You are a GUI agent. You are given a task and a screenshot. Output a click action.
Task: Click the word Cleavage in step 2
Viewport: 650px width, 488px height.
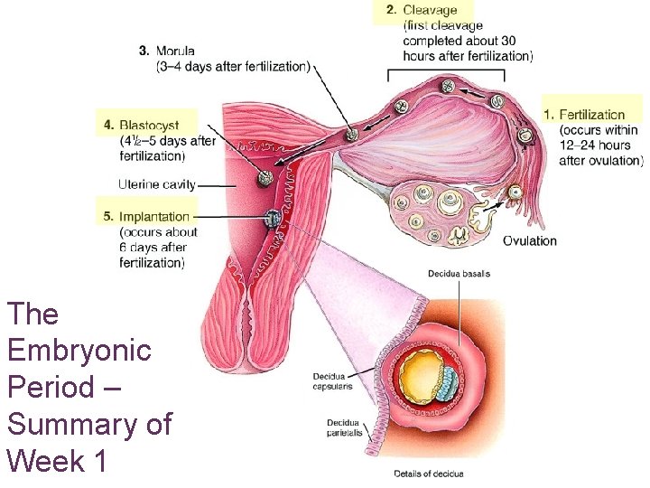point(430,10)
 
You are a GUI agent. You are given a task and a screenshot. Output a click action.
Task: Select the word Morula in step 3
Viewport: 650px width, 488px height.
point(174,51)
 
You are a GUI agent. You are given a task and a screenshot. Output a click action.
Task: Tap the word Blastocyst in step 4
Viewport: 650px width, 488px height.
point(149,125)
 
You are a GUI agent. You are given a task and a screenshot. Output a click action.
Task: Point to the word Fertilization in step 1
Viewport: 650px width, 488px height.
point(591,115)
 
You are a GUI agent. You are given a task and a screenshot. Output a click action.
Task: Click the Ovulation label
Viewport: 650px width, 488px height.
point(530,240)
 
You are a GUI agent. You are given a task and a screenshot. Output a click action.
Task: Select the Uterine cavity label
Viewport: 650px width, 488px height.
point(157,184)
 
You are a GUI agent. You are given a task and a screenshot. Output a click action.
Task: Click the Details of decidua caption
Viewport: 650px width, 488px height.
point(428,474)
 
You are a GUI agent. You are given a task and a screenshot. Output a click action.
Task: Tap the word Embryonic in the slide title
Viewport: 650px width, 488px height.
point(79,351)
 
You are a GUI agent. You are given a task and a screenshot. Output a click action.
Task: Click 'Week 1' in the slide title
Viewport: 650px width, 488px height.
point(57,461)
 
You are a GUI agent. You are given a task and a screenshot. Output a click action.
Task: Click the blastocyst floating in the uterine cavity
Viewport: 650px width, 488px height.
point(265,178)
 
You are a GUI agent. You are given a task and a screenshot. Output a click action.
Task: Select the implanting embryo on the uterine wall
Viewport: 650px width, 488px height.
point(273,218)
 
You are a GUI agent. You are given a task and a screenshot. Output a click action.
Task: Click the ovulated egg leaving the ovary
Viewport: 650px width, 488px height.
point(514,192)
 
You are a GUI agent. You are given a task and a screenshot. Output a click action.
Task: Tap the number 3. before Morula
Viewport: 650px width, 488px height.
point(144,51)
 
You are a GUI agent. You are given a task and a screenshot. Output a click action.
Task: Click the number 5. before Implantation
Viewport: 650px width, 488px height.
point(108,217)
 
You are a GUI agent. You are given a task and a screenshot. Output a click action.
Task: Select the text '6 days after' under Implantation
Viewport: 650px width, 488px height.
point(153,247)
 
